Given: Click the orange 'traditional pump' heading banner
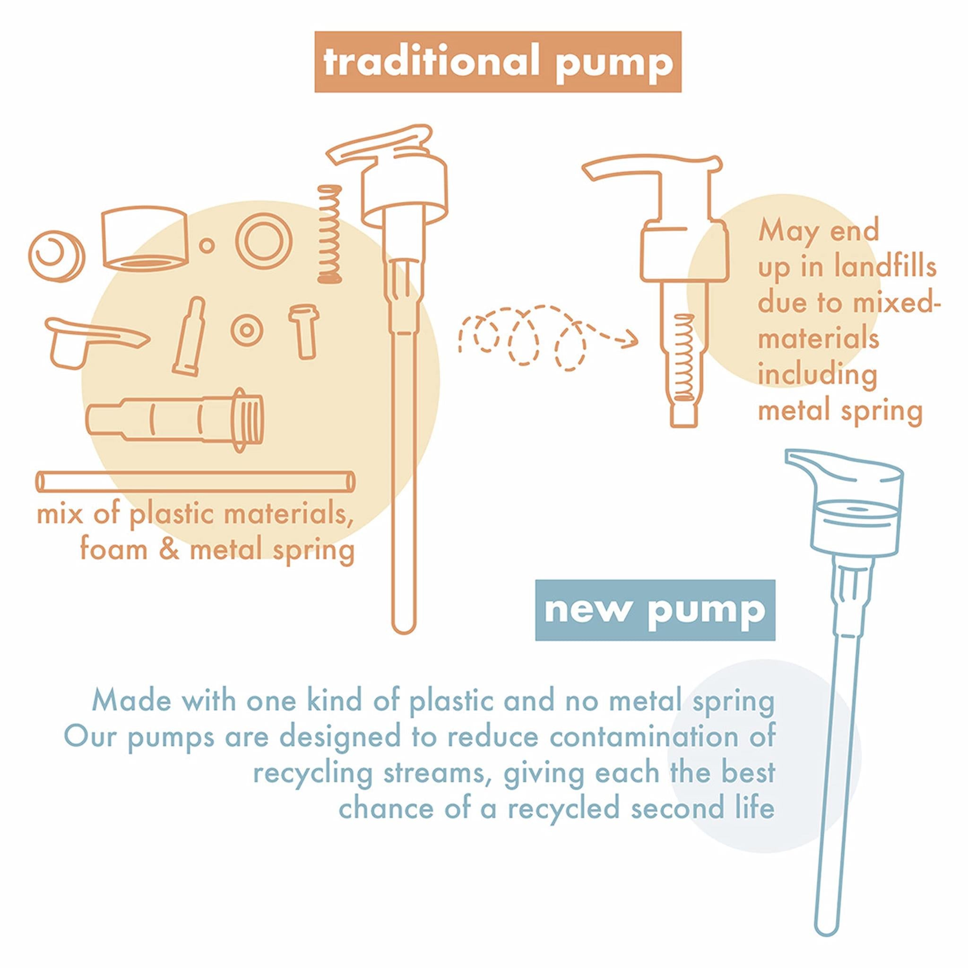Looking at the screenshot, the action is click(x=498, y=62).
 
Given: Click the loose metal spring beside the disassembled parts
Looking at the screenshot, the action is click(x=330, y=234).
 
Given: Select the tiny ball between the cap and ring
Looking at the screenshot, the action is click(x=207, y=245).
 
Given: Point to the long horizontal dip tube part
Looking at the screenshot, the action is click(x=195, y=482).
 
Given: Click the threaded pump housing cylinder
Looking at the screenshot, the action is click(x=175, y=420).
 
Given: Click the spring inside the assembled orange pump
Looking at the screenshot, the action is click(x=683, y=358).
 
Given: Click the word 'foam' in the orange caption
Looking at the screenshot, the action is click(x=114, y=550).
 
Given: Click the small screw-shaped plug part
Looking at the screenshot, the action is click(x=303, y=331).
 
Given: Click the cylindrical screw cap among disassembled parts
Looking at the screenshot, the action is click(x=145, y=238).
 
